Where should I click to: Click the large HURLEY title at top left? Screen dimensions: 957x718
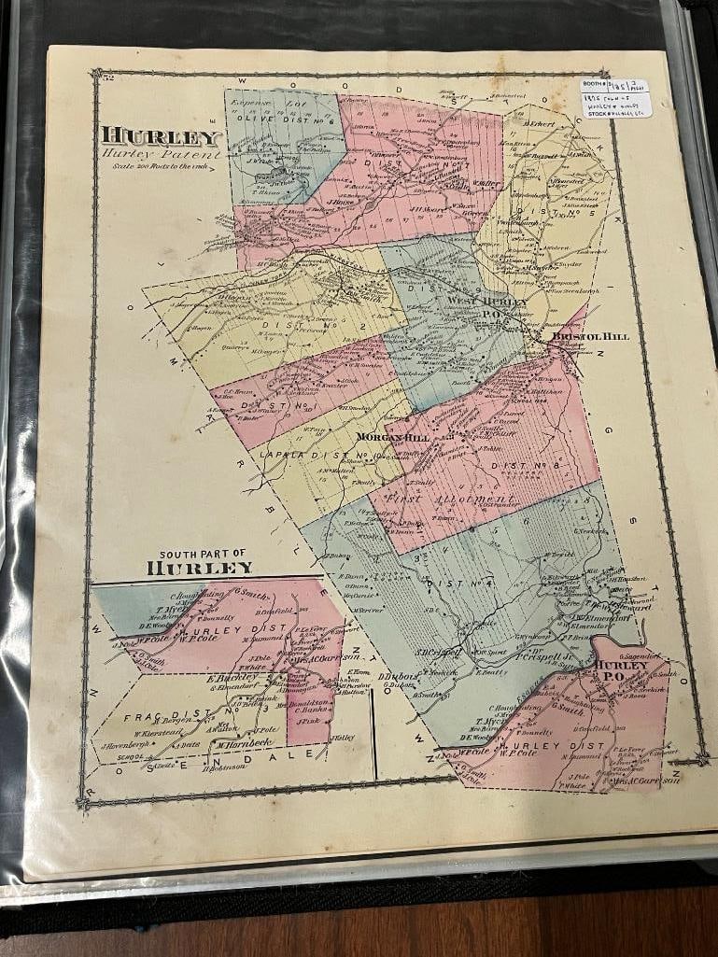[160, 136]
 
